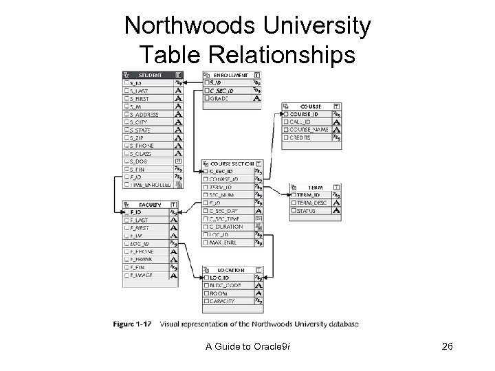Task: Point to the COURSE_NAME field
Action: click(x=309, y=129)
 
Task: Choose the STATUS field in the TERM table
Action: click(x=307, y=211)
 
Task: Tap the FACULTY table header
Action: click(x=149, y=204)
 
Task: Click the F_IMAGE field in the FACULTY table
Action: click(x=143, y=276)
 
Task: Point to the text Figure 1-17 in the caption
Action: click(x=135, y=324)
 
